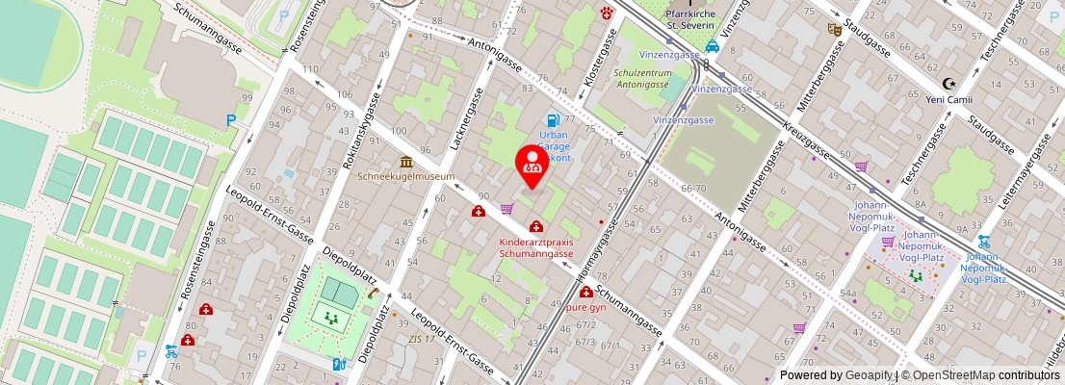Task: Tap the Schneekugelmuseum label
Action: tap(404, 177)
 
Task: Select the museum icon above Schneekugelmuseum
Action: tap(406, 162)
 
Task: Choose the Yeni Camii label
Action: tap(949, 100)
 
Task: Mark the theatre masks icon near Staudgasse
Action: tap(834, 30)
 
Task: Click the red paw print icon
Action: tap(606, 13)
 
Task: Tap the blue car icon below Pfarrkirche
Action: tap(712, 45)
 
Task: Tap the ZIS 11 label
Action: tap(421, 339)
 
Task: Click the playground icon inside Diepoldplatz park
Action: tap(332, 317)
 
